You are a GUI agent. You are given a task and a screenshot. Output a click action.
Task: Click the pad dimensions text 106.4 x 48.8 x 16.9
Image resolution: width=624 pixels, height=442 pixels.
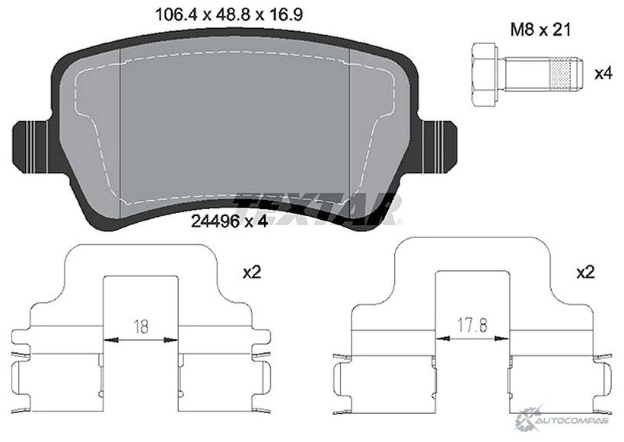coord(228,15)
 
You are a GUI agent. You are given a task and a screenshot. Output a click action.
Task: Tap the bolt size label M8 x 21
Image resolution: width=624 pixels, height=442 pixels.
coord(541,30)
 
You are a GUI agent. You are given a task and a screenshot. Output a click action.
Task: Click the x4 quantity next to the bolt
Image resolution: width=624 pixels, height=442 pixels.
coord(603,74)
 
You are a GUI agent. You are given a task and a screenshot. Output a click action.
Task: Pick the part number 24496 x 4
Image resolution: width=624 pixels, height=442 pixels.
coord(229,221)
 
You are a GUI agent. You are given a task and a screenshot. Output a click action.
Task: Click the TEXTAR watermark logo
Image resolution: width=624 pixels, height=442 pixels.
coord(318,209)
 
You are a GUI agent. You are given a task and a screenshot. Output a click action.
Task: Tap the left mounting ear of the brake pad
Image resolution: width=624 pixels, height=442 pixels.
coord(31,147)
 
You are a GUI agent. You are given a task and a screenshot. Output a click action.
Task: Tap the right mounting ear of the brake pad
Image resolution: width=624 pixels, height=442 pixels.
coord(439,147)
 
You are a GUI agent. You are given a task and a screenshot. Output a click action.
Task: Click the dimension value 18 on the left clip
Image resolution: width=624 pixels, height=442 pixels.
coord(141,326)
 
